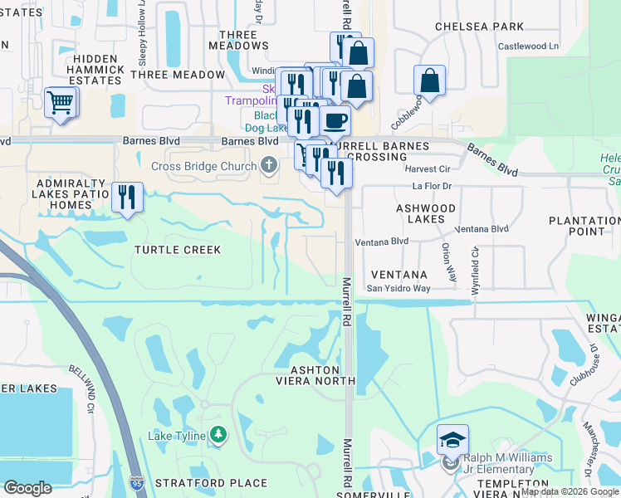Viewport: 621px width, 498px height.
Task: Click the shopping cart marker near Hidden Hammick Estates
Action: point(61,103)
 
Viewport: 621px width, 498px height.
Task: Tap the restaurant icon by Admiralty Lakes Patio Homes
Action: point(127,198)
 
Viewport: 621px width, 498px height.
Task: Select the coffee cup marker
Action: point(335,121)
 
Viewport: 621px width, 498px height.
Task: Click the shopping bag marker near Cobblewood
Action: point(430,81)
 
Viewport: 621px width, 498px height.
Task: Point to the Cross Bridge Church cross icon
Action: point(268,166)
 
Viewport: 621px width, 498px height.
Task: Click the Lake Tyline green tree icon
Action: point(218,434)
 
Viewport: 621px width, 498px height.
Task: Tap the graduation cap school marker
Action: point(453,440)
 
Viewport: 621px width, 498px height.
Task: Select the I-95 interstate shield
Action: point(138,483)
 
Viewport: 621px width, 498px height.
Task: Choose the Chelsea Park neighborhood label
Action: point(480,27)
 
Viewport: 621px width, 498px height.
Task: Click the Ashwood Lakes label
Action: point(426,213)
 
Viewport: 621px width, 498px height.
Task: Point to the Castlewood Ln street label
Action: point(529,46)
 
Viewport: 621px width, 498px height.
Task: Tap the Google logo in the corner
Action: point(28,488)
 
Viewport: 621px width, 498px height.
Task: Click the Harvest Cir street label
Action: point(428,168)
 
